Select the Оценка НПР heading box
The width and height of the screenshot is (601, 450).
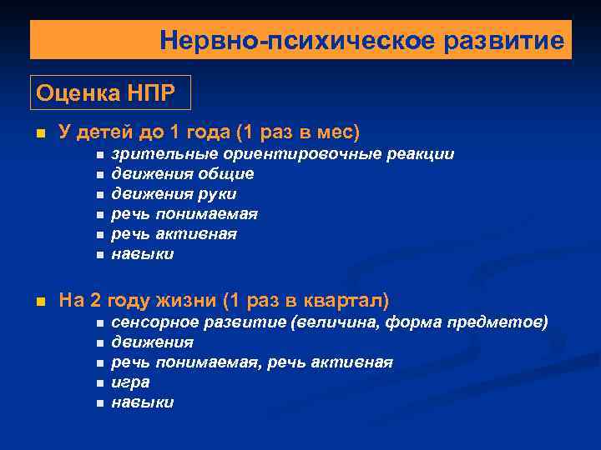110,92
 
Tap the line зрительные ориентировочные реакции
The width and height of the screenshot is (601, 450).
283,154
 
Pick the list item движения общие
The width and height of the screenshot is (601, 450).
183,174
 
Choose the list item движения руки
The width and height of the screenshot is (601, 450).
174,194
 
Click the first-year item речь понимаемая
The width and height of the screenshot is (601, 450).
184,214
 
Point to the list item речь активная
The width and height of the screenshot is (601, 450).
174,234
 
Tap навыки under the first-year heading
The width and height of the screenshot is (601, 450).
143,254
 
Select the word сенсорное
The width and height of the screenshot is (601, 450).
152,322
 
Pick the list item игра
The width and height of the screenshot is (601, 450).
131,382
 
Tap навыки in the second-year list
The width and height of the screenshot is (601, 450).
143,402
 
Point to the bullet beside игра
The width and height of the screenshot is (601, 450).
98,383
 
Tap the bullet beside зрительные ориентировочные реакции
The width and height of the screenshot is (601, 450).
98,155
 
